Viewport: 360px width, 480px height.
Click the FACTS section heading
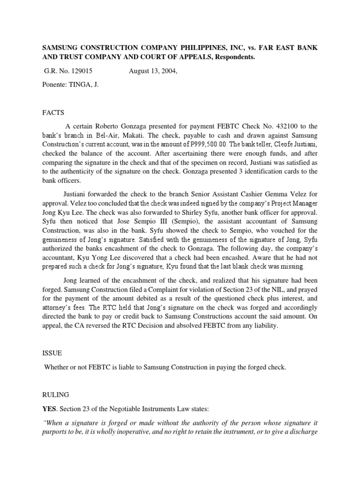click(53, 113)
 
